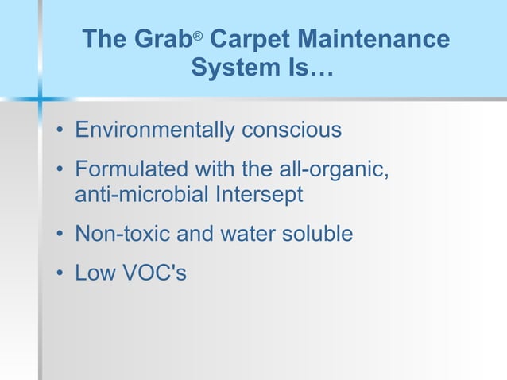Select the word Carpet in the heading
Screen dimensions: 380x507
coord(249,39)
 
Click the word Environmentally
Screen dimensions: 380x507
coord(153,130)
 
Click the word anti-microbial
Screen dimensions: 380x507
coord(141,194)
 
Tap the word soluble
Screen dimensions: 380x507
coord(316,235)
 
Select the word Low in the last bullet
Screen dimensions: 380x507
coord(95,274)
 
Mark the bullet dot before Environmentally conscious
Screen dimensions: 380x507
coord(60,130)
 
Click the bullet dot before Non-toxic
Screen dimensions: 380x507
coord(60,235)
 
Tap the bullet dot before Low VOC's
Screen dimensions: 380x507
coord(60,275)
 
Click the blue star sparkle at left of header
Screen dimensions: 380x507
coord(40,99)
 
